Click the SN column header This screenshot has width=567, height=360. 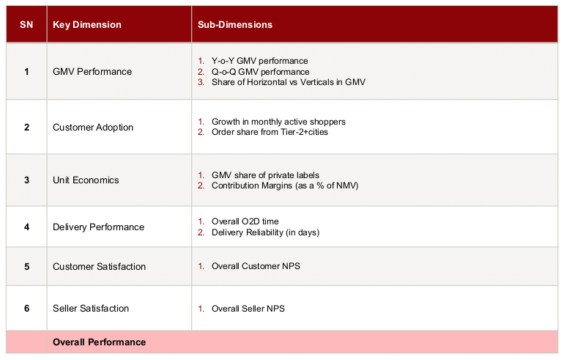click(x=26, y=25)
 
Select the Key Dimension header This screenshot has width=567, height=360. click(x=87, y=25)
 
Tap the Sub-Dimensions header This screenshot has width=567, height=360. click(x=235, y=25)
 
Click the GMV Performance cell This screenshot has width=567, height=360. click(x=92, y=72)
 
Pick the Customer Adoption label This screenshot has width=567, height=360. click(x=93, y=128)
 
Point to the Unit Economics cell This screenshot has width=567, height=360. click(x=86, y=180)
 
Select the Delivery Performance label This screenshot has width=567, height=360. click(x=98, y=227)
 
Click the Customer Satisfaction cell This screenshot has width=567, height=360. click(x=99, y=267)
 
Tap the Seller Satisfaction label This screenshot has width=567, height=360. click(x=91, y=308)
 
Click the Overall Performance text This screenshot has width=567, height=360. click(x=99, y=342)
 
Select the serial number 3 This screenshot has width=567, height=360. click(x=27, y=180)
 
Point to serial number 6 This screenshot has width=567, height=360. click(x=27, y=308)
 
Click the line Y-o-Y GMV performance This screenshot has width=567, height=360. click(x=259, y=61)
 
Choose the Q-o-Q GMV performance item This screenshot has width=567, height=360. click(x=260, y=72)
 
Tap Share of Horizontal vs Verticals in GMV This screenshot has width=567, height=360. click(x=288, y=82)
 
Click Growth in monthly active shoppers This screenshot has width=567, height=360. click(x=278, y=122)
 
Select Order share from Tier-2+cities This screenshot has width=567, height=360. click(x=270, y=132)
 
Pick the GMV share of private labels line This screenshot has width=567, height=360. click(x=265, y=175)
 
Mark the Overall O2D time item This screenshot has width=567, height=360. click(x=245, y=221)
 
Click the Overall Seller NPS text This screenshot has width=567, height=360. click(x=248, y=309)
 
